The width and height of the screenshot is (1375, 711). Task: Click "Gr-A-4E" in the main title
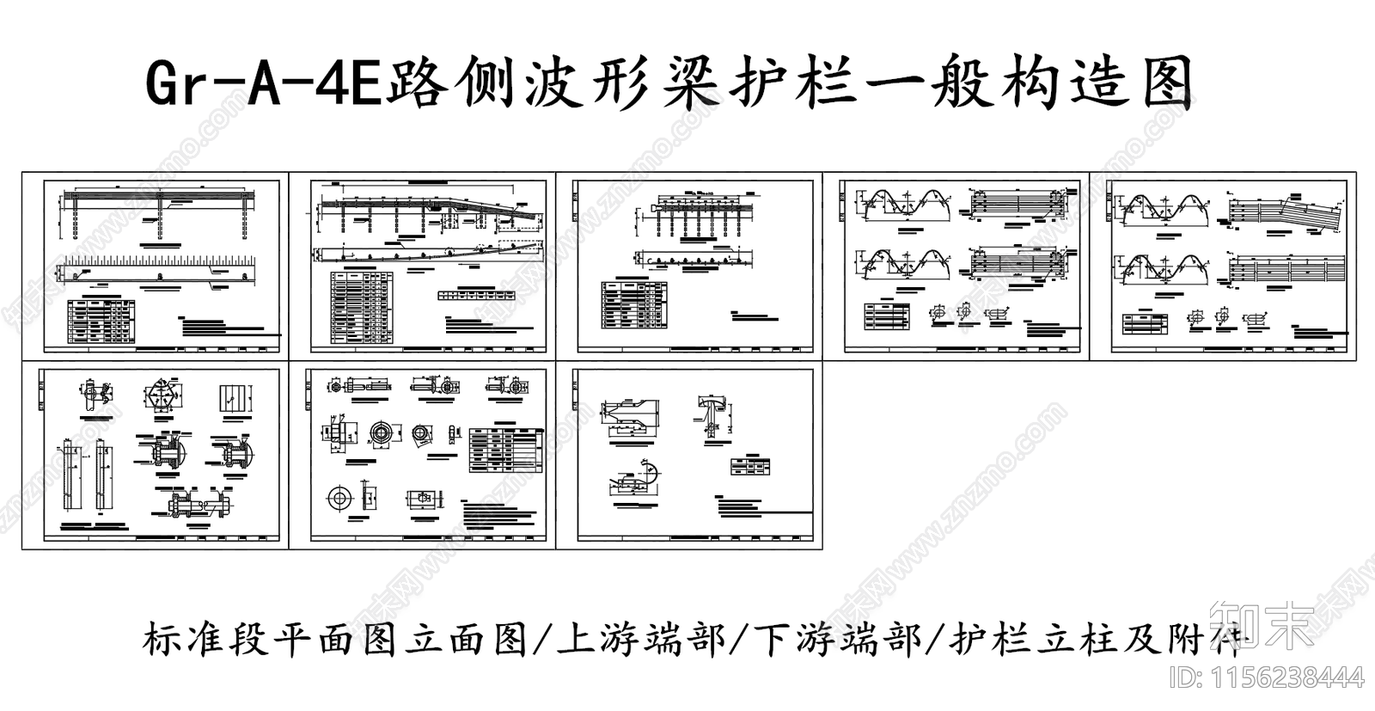pos(263,83)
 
